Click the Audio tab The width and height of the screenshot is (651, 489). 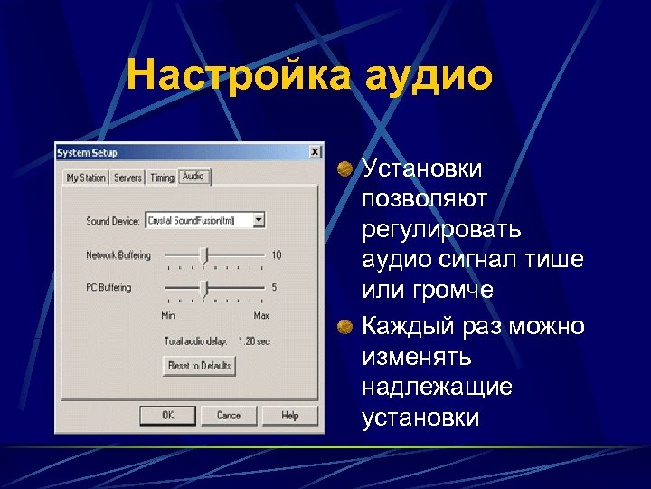click(193, 177)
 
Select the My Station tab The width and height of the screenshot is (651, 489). click(86, 178)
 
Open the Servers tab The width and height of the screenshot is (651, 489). click(127, 178)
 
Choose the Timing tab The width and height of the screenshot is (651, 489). click(162, 178)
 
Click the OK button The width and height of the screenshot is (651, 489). click(168, 415)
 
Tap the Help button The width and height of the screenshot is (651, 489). click(289, 415)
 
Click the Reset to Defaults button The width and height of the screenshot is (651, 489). click(199, 366)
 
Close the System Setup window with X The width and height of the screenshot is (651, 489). click(314, 152)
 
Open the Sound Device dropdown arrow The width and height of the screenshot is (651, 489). click(259, 219)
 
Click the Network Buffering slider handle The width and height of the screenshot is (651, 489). click(204, 255)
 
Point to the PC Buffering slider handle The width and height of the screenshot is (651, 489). click(204, 288)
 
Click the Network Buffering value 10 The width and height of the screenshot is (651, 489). click(276, 255)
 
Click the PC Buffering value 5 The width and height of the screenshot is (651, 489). click(274, 288)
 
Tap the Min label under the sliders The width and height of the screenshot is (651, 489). click(168, 315)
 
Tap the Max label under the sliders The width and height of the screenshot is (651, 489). click(262, 315)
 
